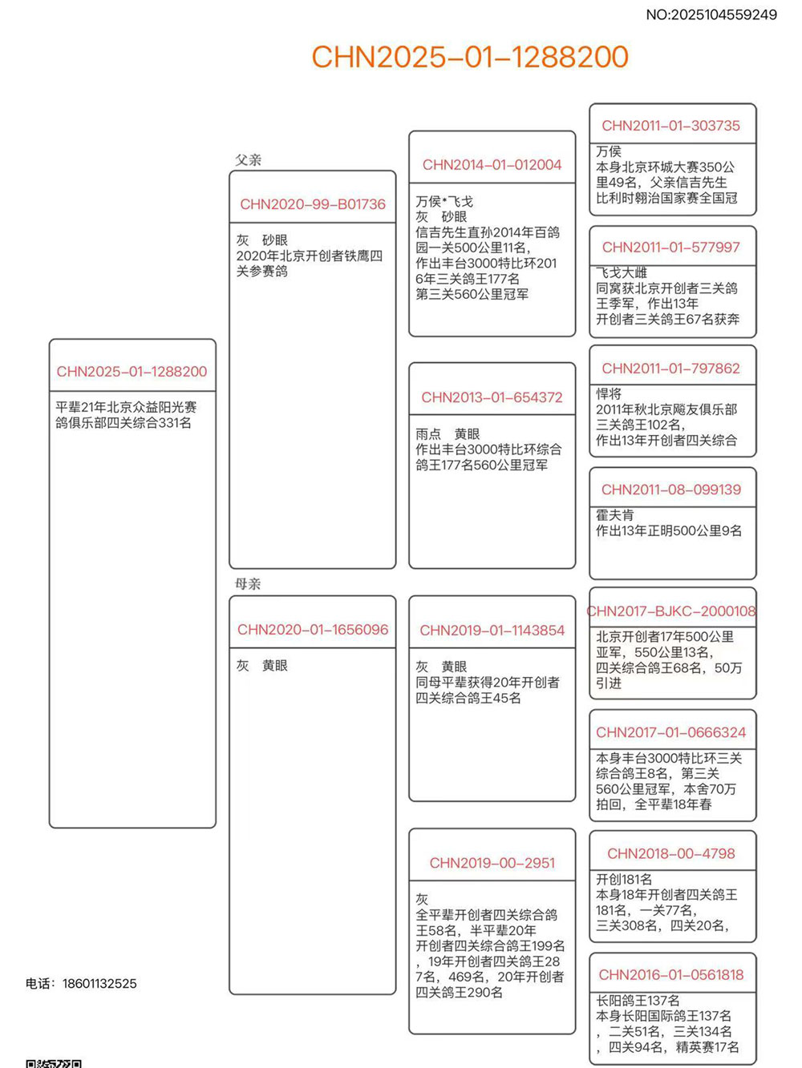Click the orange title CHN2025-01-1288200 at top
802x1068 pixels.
469,57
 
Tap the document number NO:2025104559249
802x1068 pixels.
711,14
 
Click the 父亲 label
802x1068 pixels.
248,159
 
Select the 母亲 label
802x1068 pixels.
248,583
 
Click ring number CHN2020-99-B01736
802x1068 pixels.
313,204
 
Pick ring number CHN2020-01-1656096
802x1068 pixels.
313,630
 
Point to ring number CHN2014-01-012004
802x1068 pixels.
492,165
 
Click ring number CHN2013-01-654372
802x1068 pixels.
492,397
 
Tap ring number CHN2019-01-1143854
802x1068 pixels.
492,631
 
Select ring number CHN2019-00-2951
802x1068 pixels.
492,863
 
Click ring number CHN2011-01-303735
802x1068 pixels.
671,126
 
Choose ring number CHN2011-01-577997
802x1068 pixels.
671,248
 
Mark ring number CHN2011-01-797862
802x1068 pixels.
671,369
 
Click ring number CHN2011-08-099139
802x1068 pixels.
671,490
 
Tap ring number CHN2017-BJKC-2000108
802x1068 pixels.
671,611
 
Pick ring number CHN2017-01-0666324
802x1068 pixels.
671,732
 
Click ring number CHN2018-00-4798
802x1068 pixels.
671,853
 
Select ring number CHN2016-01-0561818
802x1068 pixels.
671,975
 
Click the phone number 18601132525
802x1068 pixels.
99,983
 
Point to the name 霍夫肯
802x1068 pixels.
614,515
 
